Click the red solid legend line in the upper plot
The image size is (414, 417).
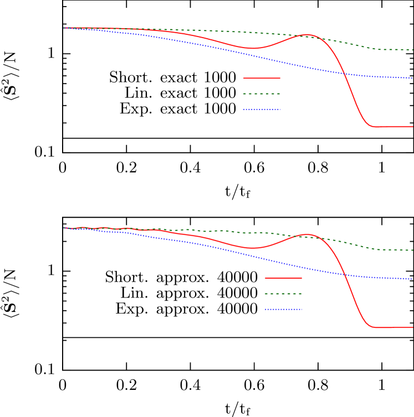click(x=262, y=78)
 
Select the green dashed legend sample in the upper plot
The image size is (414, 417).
click(x=262, y=93)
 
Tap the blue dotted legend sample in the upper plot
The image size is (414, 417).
click(x=262, y=110)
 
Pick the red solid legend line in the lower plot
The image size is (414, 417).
click(x=283, y=278)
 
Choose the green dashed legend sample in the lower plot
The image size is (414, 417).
click(x=283, y=294)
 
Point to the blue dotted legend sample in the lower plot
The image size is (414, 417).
click(x=283, y=309)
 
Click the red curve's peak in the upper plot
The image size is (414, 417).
click(x=307, y=35)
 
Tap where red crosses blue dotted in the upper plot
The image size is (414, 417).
click(x=344, y=73)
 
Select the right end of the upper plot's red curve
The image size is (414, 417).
click(x=412, y=127)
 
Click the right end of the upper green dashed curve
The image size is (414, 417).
click(x=412, y=50)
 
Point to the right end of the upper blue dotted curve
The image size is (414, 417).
click(x=412, y=78)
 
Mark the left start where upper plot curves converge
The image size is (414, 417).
click(x=64, y=28)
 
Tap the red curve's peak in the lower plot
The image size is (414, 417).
click(x=307, y=234)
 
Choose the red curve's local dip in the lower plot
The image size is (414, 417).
click(x=252, y=248)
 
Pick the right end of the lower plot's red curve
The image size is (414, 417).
click(x=412, y=327)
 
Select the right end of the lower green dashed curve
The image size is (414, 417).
click(x=412, y=250)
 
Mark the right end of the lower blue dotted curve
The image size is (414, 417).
click(x=412, y=279)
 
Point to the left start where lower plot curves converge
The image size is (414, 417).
click(x=64, y=227)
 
